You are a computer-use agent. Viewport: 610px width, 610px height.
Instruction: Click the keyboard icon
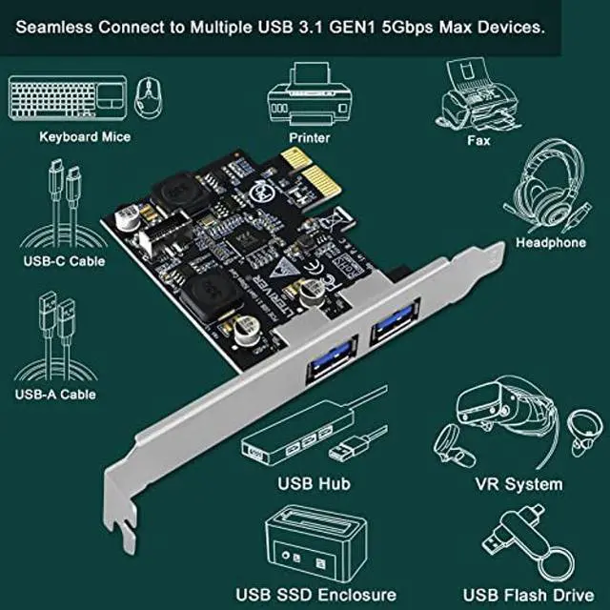tap(67, 96)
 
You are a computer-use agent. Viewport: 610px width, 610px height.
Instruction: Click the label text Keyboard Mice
tap(85, 136)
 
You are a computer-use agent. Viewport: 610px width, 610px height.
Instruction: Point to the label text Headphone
tap(550, 243)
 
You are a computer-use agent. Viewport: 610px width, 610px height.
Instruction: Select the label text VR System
tap(518, 484)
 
